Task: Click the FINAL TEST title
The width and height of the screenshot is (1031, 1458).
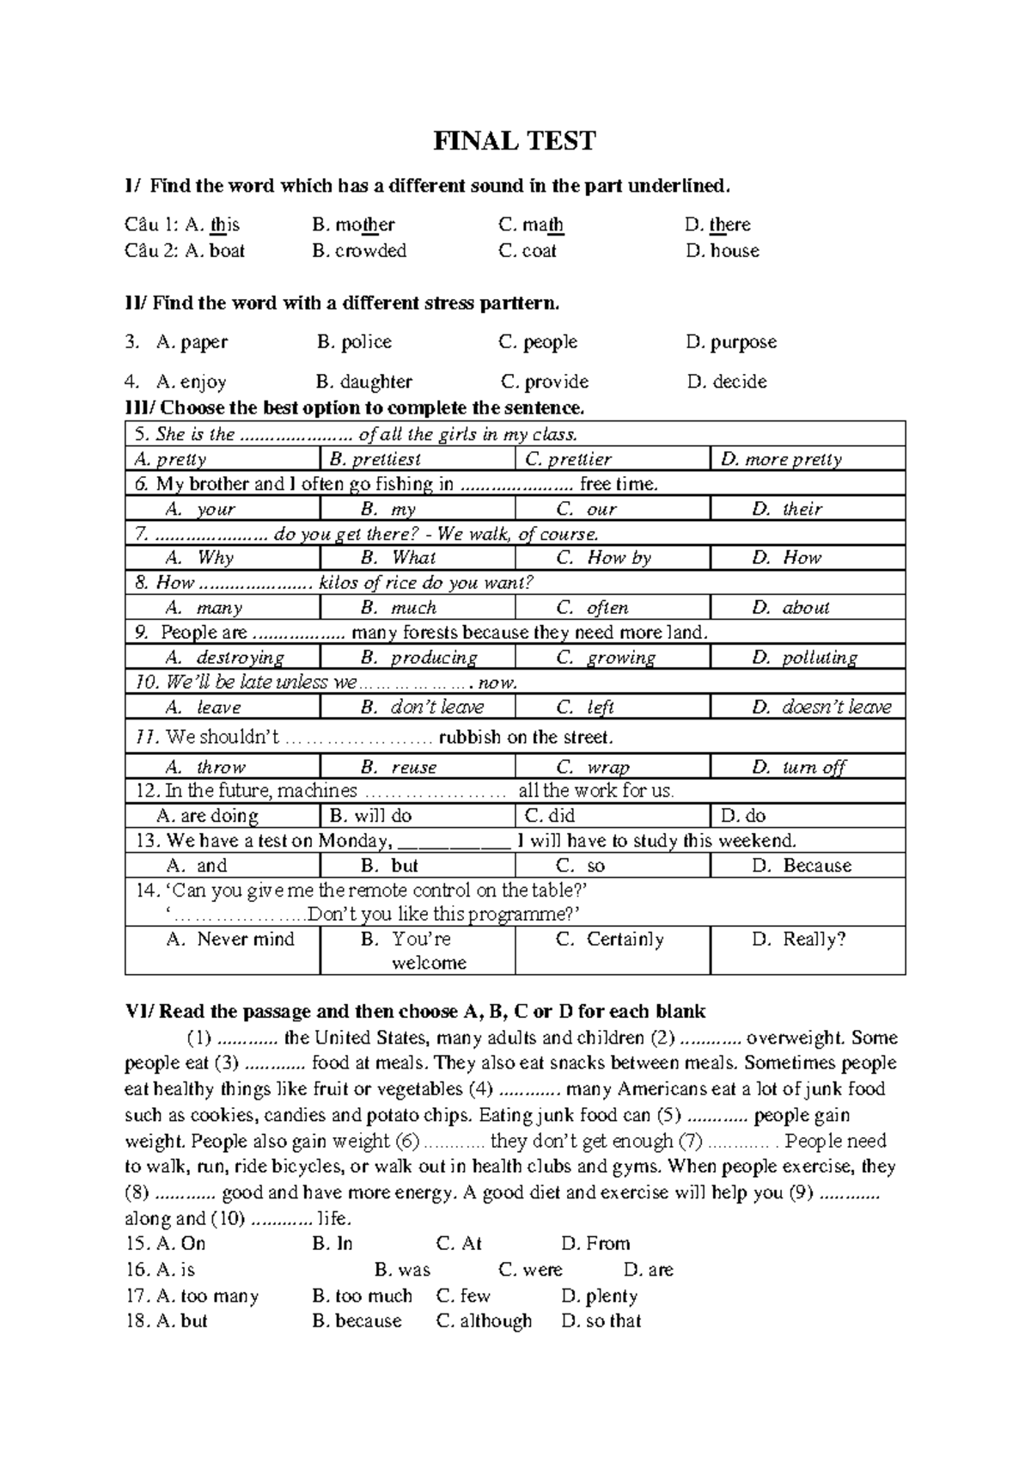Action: [x=514, y=141]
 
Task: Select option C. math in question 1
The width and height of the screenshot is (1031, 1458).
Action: [x=531, y=225]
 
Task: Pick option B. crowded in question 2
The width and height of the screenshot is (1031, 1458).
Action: [x=359, y=251]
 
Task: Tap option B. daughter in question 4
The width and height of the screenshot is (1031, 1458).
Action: [x=363, y=382]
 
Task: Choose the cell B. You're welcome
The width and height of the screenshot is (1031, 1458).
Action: [x=418, y=951]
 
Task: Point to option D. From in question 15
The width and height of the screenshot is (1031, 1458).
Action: [x=595, y=1244]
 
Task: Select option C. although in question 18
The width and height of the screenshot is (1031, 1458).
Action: [x=484, y=1321]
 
